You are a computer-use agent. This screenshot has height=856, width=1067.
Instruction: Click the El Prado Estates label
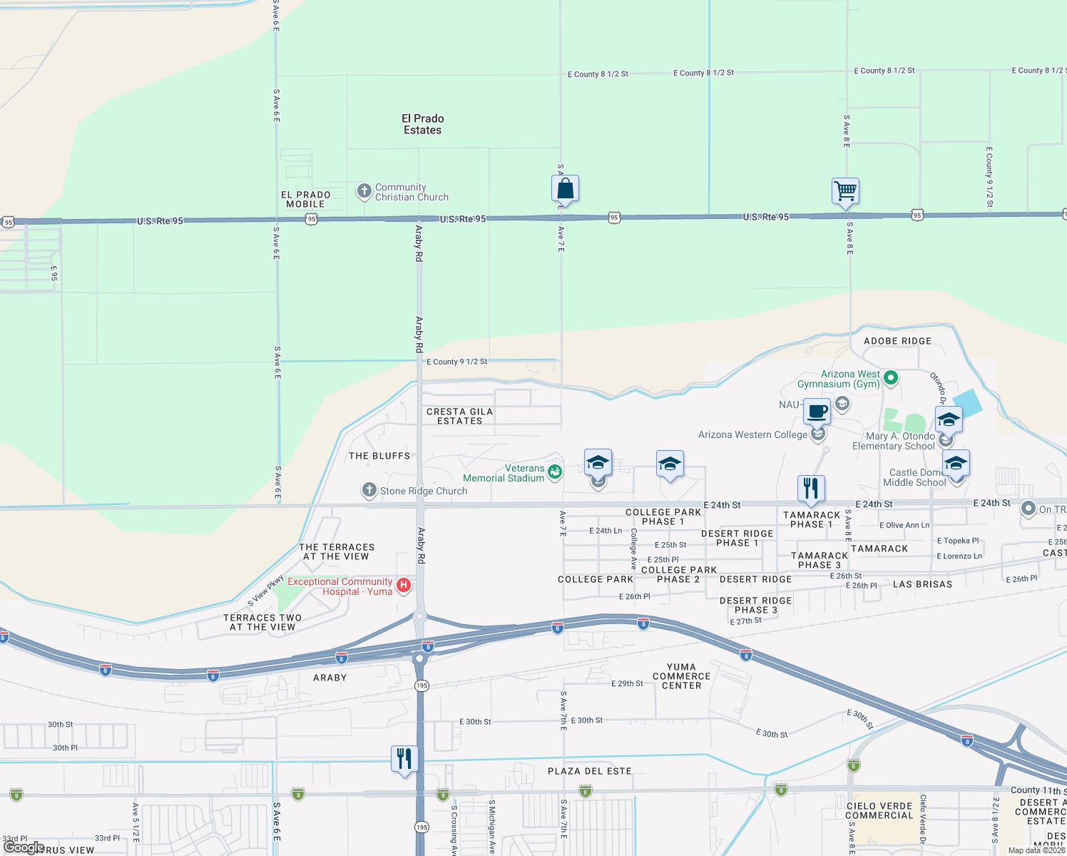[423, 124]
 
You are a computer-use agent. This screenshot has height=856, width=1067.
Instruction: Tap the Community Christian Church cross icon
[364, 190]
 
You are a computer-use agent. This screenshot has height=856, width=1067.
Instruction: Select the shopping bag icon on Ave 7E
[565, 189]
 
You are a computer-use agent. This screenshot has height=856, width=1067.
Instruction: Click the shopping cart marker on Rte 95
[845, 191]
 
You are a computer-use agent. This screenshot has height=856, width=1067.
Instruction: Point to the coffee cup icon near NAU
[817, 412]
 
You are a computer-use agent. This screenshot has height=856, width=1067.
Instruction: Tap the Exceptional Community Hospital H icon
[404, 586]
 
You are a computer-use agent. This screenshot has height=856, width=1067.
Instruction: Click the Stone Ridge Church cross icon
[369, 490]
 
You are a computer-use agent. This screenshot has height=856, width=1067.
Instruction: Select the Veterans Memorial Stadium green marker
[554, 472]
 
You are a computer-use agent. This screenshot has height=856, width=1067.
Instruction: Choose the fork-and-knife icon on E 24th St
[810, 489]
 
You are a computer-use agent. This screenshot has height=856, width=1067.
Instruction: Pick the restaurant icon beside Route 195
[404, 758]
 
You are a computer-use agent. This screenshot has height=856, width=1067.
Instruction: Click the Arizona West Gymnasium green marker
[890, 377]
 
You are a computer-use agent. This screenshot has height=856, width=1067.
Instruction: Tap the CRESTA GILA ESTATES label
[459, 417]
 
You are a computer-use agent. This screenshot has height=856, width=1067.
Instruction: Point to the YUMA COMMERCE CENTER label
[681, 676]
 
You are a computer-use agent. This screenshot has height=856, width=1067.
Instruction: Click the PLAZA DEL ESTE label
[589, 771]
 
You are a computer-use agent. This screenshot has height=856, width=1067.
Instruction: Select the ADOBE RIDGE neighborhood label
[897, 341]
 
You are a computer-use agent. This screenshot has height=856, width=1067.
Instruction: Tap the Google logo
[24, 847]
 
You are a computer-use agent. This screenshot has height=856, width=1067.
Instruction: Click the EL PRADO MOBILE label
[305, 199]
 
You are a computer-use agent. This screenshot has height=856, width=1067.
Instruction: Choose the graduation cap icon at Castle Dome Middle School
[955, 464]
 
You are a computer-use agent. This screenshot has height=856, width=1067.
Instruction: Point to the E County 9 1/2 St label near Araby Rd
[456, 362]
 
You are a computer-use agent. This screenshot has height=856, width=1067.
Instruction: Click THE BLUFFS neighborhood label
[379, 456]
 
